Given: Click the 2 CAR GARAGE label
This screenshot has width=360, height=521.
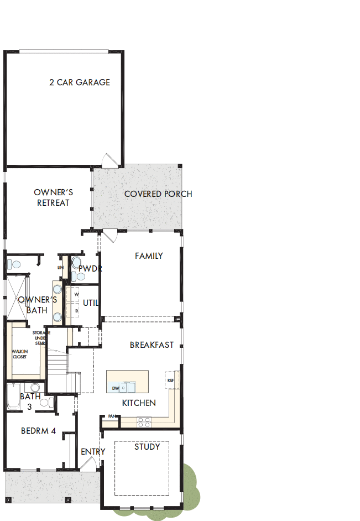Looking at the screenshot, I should tap(80, 82).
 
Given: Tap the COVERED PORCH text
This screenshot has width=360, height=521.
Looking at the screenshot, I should tap(158, 194).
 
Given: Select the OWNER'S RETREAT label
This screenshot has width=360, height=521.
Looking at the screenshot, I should tap(53, 197).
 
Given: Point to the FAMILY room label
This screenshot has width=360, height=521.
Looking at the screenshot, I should tap(149, 256).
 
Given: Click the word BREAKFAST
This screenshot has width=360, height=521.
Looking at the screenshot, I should tap(152, 345).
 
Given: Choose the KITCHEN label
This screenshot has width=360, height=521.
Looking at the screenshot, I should tap(139, 403).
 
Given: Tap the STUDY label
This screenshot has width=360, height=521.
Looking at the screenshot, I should tap(147, 446).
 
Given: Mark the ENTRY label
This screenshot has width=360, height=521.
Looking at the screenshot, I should tap(92, 451).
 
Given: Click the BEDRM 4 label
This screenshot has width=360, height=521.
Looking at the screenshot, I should tap(38, 431).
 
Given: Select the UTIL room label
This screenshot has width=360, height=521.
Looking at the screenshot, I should tap(90, 303).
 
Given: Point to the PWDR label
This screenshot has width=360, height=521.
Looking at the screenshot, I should tap(90, 269).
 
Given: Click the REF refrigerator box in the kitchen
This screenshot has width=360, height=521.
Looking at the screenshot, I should tap(170, 381).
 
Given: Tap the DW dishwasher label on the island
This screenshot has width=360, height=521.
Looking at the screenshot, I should tap(116, 388).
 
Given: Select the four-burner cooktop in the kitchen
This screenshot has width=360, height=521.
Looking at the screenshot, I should tap(144, 422).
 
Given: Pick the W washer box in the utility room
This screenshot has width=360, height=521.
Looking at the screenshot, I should tap(76, 295).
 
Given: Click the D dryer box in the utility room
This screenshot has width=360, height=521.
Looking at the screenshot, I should tap(76, 311).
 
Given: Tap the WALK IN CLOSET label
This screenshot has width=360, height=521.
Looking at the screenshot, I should tap(19, 354).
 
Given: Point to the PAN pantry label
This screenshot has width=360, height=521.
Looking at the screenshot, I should tap(111, 416).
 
